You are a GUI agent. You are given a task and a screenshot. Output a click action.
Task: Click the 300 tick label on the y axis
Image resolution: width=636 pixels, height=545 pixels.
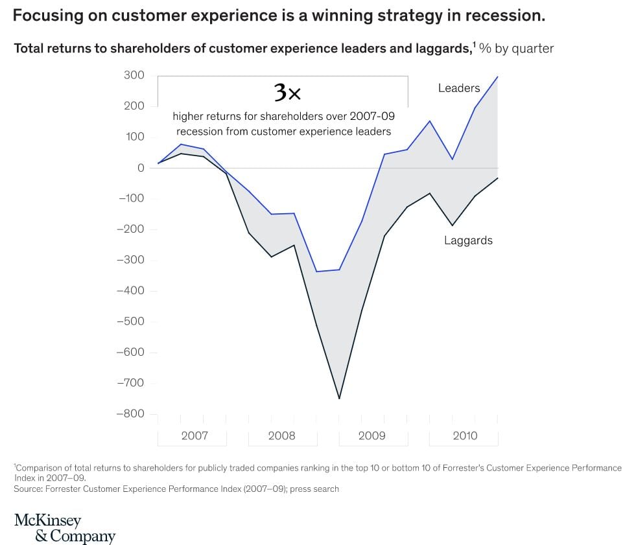[134, 75]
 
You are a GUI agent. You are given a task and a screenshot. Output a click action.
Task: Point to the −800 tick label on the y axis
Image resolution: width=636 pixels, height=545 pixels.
[130, 413]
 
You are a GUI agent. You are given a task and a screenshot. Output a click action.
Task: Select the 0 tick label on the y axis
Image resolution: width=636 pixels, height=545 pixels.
[141, 168]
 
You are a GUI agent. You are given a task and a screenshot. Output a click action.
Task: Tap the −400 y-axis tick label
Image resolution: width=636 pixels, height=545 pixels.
[130, 291]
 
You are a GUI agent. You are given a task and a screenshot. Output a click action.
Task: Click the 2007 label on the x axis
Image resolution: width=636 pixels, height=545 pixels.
[194, 435]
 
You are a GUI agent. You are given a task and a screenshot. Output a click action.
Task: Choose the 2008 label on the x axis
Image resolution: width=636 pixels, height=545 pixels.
[281, 435]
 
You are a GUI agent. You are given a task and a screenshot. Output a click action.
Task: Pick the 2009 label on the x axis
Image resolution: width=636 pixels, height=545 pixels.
[372, 435]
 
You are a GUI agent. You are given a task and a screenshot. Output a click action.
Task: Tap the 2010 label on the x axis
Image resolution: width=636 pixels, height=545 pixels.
[465, 435]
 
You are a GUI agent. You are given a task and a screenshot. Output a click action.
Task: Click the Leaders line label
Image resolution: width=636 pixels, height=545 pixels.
[459, 88]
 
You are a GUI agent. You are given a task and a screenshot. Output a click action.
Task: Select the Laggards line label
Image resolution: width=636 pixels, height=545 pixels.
[468, 240]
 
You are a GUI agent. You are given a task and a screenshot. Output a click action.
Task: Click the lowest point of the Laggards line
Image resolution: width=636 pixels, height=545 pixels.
[339, 399]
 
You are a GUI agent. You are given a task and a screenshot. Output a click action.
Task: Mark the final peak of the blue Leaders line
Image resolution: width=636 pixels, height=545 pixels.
[497, 76]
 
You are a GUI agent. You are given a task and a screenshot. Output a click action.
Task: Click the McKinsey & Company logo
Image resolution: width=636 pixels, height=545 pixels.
[65, 528]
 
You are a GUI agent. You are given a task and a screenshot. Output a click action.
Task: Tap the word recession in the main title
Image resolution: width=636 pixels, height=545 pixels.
[506, 16]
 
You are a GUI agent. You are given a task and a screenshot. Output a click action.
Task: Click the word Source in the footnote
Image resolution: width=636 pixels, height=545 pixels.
[28, 489]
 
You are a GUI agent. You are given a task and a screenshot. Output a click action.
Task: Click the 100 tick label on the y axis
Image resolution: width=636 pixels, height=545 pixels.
[134, 137]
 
